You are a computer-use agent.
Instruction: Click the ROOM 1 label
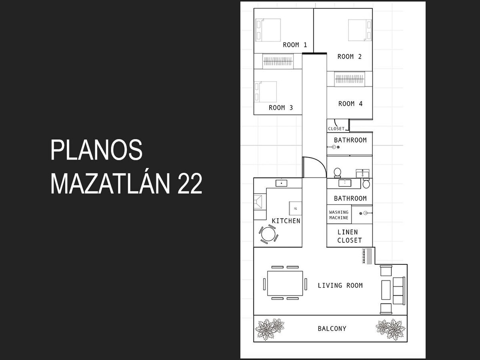tap(295, 45)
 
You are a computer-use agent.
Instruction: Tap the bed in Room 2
tap(360, 30)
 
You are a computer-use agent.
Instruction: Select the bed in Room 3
tap(266, 92)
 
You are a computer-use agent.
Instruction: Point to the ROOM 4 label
tap(350, 104)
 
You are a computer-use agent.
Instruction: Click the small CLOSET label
tap(336, 129)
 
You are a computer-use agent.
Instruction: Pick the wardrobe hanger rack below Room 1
tap(278, 61)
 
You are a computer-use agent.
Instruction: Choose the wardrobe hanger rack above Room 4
tap(350, 79)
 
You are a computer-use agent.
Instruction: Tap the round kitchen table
tap(268, 234)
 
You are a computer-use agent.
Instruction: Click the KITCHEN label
tap(286, 221)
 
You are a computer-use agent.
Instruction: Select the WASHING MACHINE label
tap(339, 215)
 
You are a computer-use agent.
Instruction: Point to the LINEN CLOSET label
tap(350, 236)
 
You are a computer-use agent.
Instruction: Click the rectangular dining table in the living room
tap(285, 283)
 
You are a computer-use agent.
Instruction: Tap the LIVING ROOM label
tap(340, 286)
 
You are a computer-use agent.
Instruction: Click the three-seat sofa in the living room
tap(399, 291)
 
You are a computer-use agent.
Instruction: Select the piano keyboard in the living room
tap(367, 256)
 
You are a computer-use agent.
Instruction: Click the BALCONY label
tap(332, 328)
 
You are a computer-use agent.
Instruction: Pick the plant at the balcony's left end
tap(270, 329)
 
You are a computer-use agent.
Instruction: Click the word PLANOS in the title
tap(96, 150)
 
